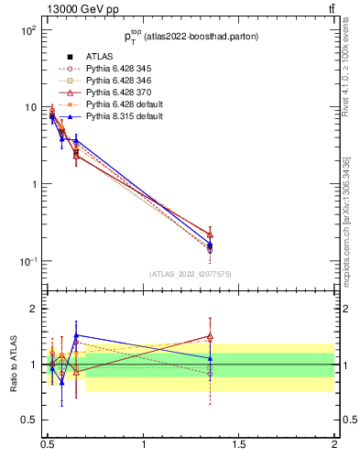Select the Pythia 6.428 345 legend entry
(x=116, y=69)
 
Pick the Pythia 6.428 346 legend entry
(x=116, y=81)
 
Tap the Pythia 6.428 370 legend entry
(x=116, y=93)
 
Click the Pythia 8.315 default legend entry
(x=120, y=116)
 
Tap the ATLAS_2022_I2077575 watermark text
(x=191, y=273)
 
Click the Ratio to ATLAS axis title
(x=14, y=365)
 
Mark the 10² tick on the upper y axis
(x=27, y=30)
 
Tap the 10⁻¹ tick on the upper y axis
(x=27, y=261)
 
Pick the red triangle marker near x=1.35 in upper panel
(x=210, y=234)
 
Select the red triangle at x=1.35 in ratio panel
(x=210, y=336)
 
